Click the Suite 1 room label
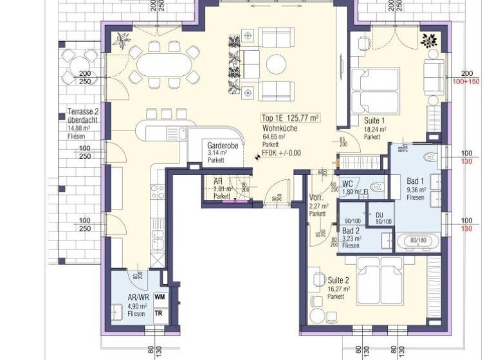[374, 120]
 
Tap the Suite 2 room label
[338, 280]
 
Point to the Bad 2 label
[351, 230]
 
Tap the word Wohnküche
[278, 128]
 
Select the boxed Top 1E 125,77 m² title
[291, 118]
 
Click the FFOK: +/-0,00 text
[278, 153]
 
